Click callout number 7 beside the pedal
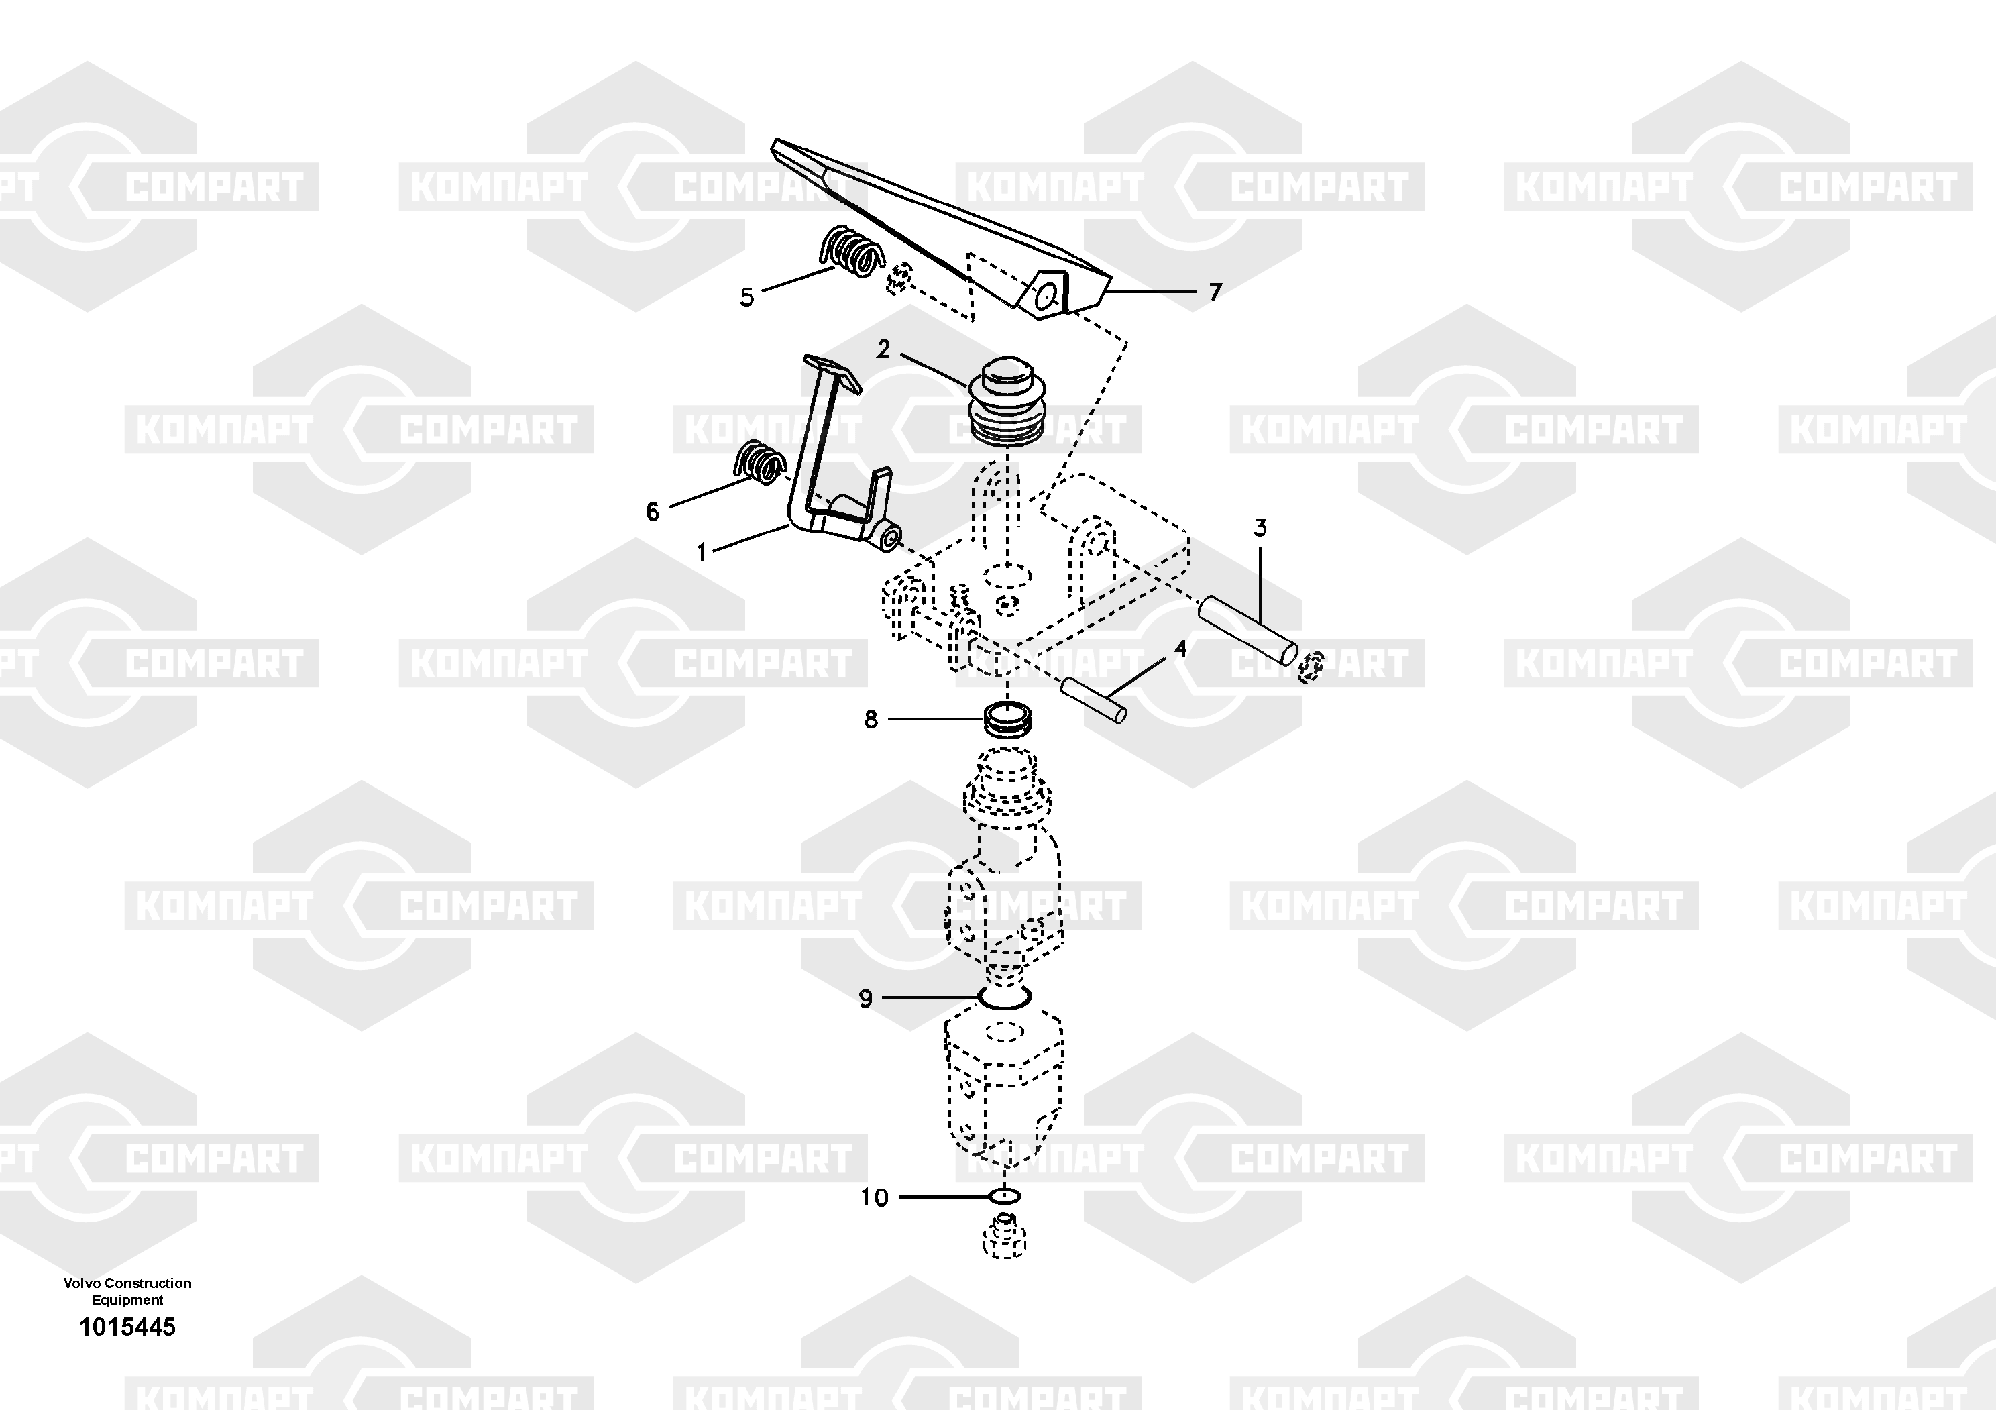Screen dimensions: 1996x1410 click(1215, 292)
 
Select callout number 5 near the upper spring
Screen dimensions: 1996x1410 click(746, 297)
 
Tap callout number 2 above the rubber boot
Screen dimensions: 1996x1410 click(883, 349)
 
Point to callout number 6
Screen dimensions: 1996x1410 click(653, 512)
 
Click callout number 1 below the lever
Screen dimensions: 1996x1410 click(702, 553)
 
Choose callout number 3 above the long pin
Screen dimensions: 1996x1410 click(1260, 528)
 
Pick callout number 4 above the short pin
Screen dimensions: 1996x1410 click(1180, 649)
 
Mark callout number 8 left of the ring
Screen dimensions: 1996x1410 click(871, 720)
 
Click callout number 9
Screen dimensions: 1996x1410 click(865, 999)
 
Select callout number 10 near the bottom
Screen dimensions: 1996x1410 click(875, 1198)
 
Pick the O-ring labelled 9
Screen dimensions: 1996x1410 click(1004, 998)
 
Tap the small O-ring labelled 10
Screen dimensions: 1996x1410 click(1005, 1197)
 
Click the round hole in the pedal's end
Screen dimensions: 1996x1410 click(1048, 297)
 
